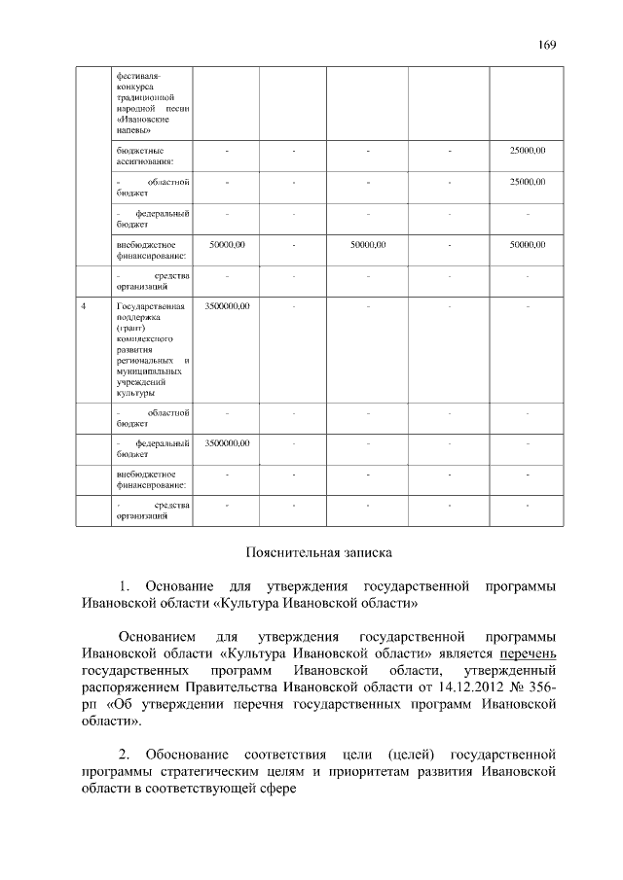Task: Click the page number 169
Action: tap(545, 44)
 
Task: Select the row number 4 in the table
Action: tap(85, 306)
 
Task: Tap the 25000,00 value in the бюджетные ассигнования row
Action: tap(528, 150)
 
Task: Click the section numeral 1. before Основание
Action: tap(124, 586)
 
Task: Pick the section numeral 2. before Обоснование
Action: tap(124, 754)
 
